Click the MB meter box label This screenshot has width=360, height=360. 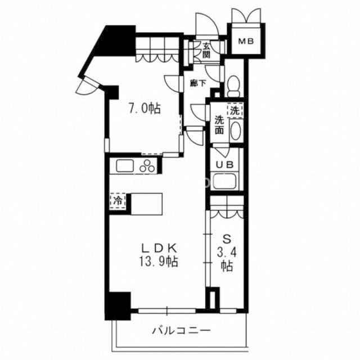coord(246,41)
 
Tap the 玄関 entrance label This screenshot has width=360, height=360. coord(206,51)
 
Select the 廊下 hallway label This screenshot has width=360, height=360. coord(198,83)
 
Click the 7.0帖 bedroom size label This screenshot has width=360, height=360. coord(145,108)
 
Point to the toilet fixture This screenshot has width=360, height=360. coord(234,86)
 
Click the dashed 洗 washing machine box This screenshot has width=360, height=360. coord(235,111)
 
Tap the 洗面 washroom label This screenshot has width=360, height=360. coord(219,125)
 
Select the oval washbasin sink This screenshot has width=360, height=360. coord(235,131)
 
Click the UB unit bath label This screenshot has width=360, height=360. coord(225,164)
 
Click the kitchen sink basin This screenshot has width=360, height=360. coord(125,165)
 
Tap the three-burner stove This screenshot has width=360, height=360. coord(147,166)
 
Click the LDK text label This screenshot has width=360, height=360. coord(159,248)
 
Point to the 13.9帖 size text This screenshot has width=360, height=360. coord(159,262)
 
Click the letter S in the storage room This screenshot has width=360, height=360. coord(227,240)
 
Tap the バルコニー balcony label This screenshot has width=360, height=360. coord(181,331)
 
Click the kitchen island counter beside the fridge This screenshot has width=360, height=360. coord(146,204)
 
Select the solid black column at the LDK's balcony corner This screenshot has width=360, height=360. coord(118,306)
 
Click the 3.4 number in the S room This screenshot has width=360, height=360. coord(227,253)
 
